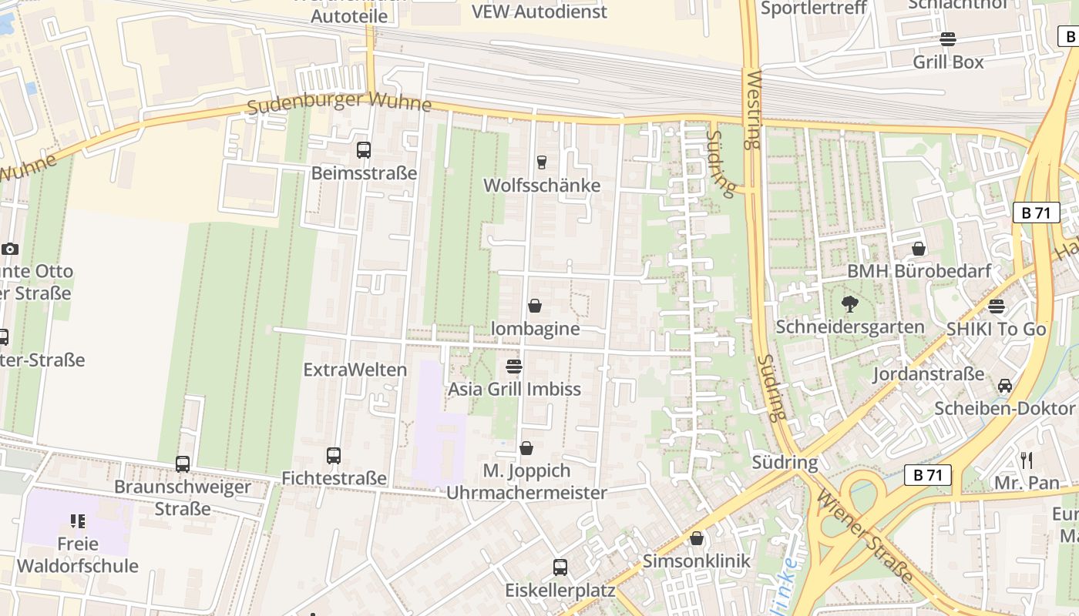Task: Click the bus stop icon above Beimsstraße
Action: click(364, 150)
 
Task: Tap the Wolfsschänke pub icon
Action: click(541, 162)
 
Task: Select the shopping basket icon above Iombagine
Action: click(535, 306)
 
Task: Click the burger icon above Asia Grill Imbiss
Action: click(514, 366)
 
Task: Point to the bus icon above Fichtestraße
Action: click(334, 456)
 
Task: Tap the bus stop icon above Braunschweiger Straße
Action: click(183, 464)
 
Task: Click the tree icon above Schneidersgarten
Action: click(850, 304)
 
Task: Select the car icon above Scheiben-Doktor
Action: click(1005, 385)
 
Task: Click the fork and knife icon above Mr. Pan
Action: click(1027, 460)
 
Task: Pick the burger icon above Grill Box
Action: click(948, 39)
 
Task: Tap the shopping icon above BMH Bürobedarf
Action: click(919, 249)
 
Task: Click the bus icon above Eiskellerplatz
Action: click(560, 567)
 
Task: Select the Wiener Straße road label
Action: click(866, 537)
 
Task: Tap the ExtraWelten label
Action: click(355, 370)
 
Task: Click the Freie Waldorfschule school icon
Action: click(78, 521)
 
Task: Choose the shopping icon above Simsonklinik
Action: click(697, 538)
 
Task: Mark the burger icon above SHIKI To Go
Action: click(997, 306)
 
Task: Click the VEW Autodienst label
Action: click(539, 12)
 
